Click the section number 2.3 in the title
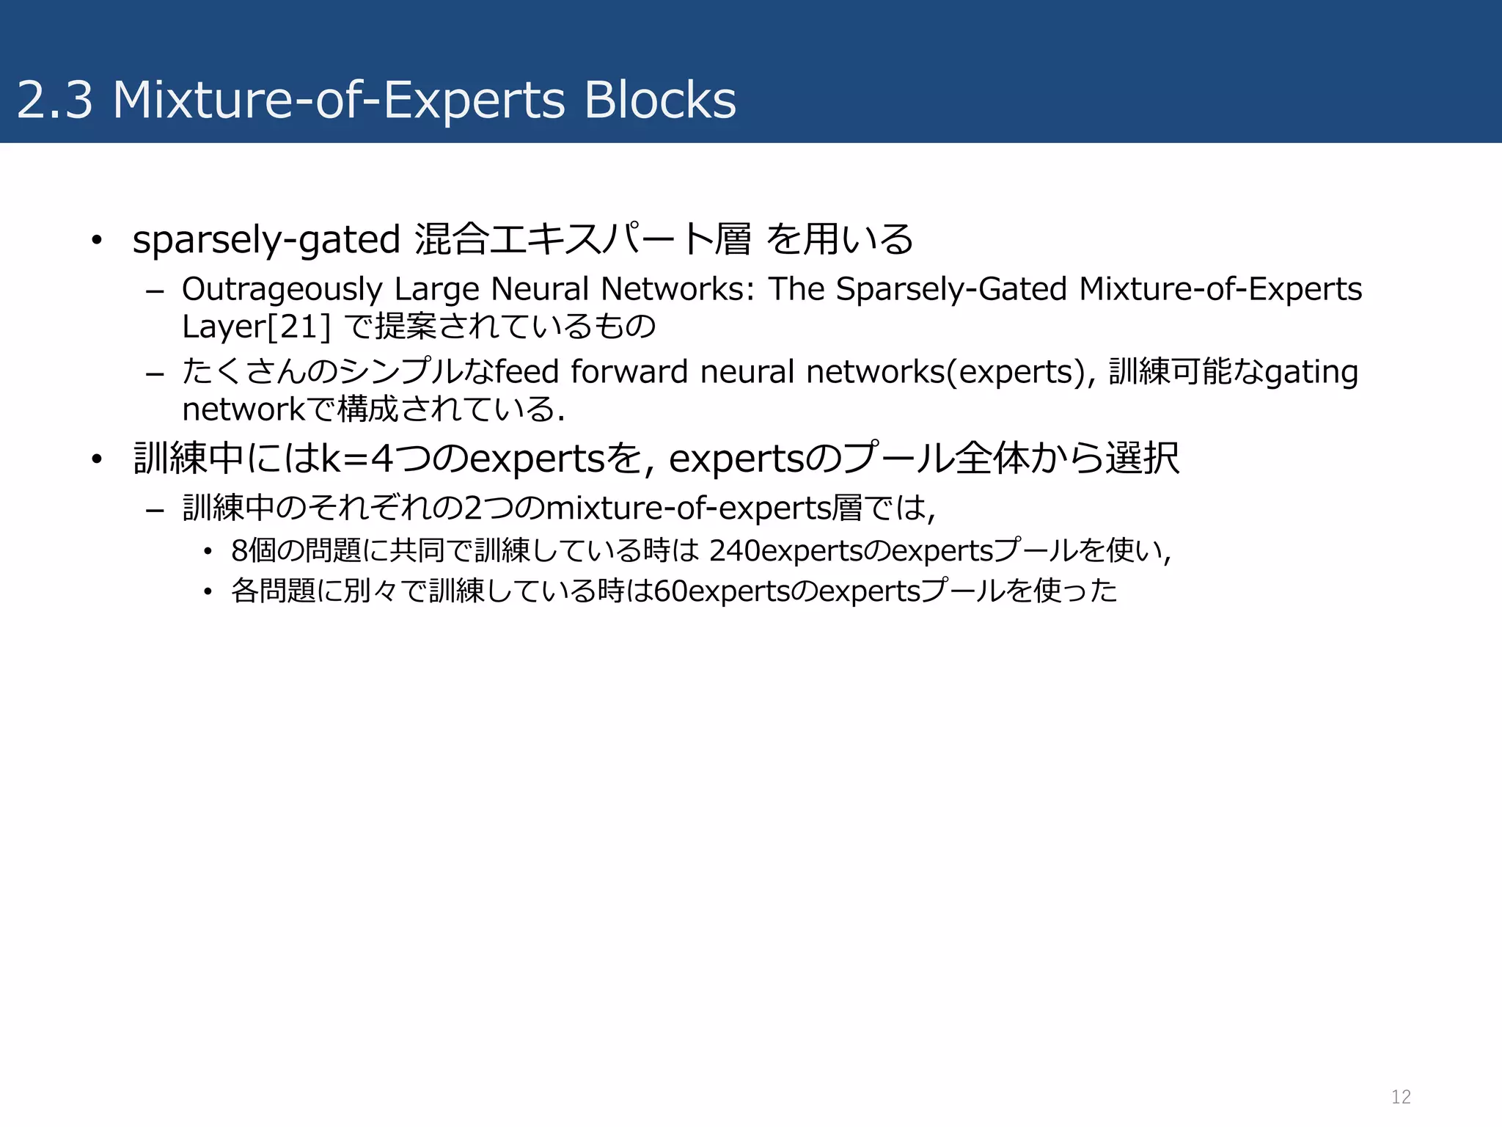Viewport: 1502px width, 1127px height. coord(55,100)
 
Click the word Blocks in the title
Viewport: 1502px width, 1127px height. coord(660,100)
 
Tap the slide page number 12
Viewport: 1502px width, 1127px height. coord(1401,1096)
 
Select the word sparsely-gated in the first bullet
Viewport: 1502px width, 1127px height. coord(266,240)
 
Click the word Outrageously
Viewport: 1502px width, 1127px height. coord(282,290)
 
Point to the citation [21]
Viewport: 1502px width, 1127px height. coord(299,327)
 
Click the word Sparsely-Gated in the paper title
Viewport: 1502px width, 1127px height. coord(951,290)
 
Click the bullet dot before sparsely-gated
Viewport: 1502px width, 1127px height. coord(96,241)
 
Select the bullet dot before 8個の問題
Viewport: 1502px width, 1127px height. coord(208,551)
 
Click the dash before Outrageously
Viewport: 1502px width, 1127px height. coord(155,291)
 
